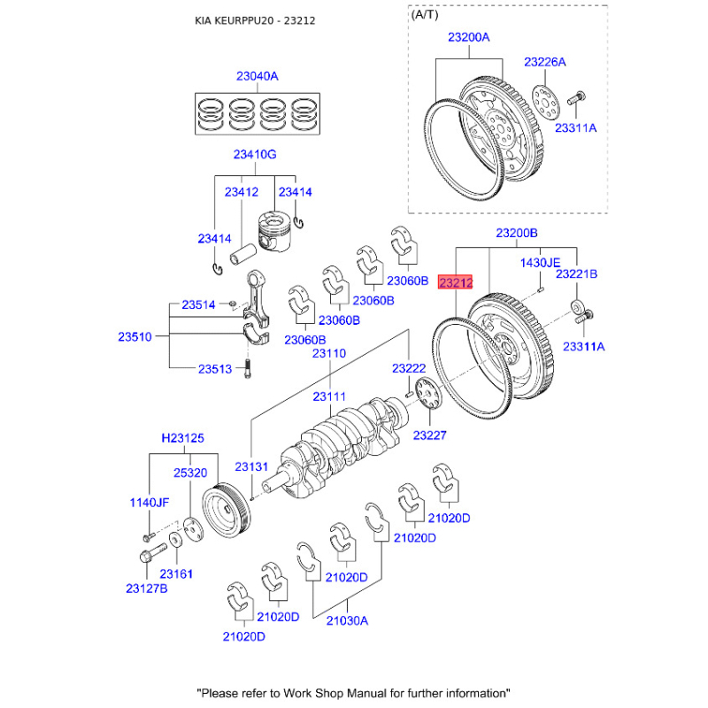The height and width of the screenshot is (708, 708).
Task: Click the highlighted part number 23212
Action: coord(457,283)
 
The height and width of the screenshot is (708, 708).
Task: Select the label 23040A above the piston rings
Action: coord(257,77)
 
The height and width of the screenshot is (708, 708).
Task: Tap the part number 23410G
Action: coord(255,155)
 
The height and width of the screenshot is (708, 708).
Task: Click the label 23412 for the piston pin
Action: coord(241,192)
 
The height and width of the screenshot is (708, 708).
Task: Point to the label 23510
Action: coord(135,336)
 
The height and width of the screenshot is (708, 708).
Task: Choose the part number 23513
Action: coord(214,370)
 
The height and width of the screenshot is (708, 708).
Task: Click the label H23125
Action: coord(183,438)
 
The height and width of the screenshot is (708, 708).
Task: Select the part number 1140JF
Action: coord(150,502)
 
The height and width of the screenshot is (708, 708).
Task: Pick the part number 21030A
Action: coord(347,620)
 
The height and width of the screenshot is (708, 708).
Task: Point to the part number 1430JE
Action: coord(540,263)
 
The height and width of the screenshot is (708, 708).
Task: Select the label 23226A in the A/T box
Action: coord(544,62)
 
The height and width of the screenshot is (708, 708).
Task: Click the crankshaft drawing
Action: coord(341,442)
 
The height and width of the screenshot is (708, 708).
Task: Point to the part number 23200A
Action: coord(468,38)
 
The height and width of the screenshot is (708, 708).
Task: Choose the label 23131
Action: coord(251,466)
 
